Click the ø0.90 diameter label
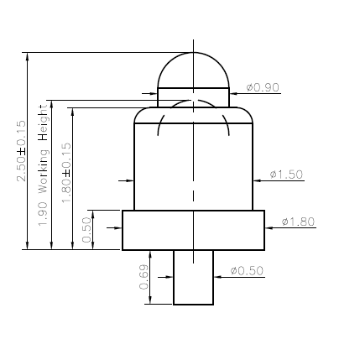[x=263, y=87]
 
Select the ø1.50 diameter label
[x=286, y=175]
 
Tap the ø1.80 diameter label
[x=298, y=222]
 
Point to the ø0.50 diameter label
[x=247, y=271]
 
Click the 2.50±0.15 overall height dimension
[x=21, y=151]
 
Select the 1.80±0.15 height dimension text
[x=66, y=173]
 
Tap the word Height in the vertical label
[x=44, y=123]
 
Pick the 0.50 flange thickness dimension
[x=87, y=230]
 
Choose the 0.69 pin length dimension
[x=143, y=277]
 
